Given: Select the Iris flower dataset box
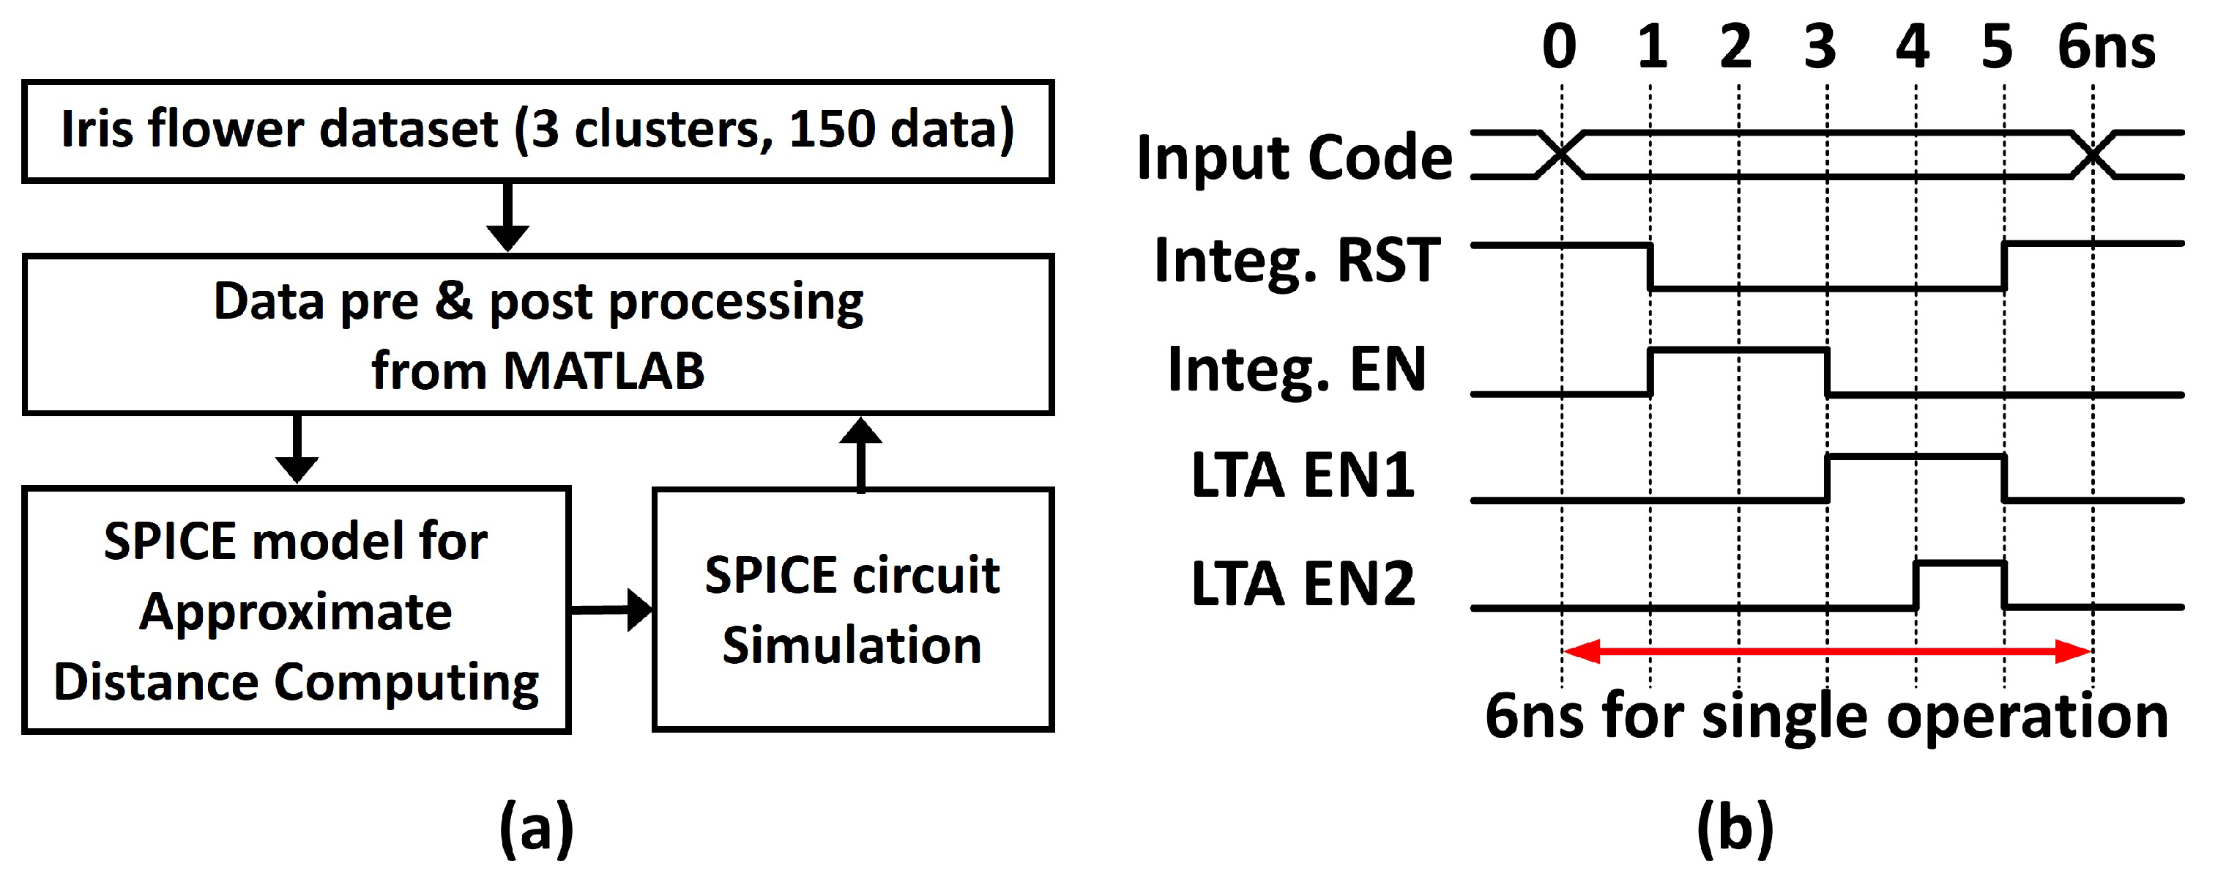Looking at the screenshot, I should pyautogui.click(x=537, y=131).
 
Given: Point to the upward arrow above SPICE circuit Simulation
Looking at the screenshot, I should pyautogui.click(x=860, y=454).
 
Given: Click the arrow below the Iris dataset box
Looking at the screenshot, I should pyautogui.click(x=508, y=217).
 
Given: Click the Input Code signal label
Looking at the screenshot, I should pyautogui.click(x=1294, y=158).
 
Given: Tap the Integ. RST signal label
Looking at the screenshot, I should pyautogui.click(x=1298, y=260).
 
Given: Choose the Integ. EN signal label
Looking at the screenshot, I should pyautogui.click(x=1297, y=369).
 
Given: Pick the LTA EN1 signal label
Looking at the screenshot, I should pyautogui.click(x=1303, y=476).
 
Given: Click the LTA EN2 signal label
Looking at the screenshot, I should pyautogui.click(x=1303, y=583).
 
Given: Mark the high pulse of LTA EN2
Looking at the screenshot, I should pyautogui.click(x=1961, y=564).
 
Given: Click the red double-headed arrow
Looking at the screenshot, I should pyautogui.click(x=1827, y=651).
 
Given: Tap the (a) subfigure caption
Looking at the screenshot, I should pyautogui.click(x=537, y=828).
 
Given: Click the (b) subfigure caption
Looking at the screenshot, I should pyautogui.click(x=1735, y=828).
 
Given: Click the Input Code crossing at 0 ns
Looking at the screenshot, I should pyautogui.click(x=1561, y=155).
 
